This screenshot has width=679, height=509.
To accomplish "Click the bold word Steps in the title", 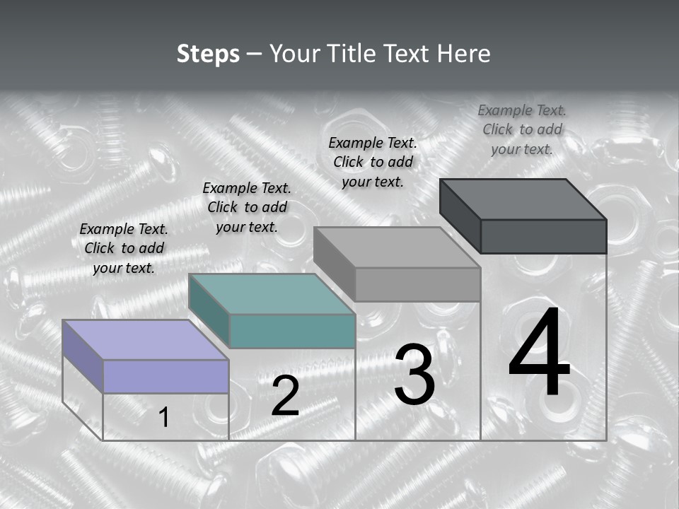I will tap(208, 54).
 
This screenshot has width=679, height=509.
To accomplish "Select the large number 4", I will tap(539, 353).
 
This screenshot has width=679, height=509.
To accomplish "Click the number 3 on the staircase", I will tap(414, 375).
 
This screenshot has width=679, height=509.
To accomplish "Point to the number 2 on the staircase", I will tap(285, 397).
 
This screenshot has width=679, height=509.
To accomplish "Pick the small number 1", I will tap(164, 418).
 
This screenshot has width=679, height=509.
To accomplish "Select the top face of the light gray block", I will tap(397, 247).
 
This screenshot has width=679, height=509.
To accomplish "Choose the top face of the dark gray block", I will tap(523, 199).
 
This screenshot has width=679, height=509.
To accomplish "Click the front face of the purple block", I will tap(166, 376).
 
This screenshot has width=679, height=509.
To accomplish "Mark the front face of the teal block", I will tap(292, 331).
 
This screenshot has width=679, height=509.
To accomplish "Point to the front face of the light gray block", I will tap(417, 284).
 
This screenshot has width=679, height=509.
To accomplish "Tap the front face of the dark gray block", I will tap(543, 236).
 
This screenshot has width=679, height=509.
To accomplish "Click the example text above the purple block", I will tap(124, 248).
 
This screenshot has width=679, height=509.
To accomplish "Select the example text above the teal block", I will tap(247, 207).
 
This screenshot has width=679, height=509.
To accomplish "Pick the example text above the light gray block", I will tap(373, 162).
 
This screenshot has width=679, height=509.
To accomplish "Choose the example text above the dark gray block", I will tap(522, 129).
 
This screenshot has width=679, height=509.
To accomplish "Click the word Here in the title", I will tap(464, 54).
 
